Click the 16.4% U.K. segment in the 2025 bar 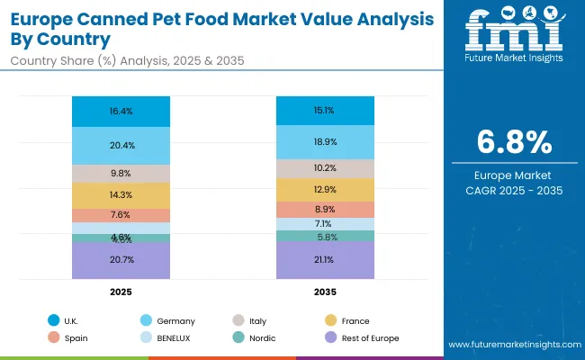point(121,112)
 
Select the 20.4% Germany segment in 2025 point(121,145)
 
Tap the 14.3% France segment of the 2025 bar point(121,195)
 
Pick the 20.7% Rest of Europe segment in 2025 point(121,259)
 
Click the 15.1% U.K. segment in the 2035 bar point(325,112)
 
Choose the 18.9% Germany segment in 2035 point(325,142)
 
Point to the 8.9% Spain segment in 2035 point(325,209)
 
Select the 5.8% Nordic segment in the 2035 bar point(325,236)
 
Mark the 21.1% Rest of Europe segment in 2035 point(325,260)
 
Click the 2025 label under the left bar point(121,292)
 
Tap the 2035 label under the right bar point(325,292)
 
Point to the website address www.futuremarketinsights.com point(508,346)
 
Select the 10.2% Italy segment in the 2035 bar point(325,168)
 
